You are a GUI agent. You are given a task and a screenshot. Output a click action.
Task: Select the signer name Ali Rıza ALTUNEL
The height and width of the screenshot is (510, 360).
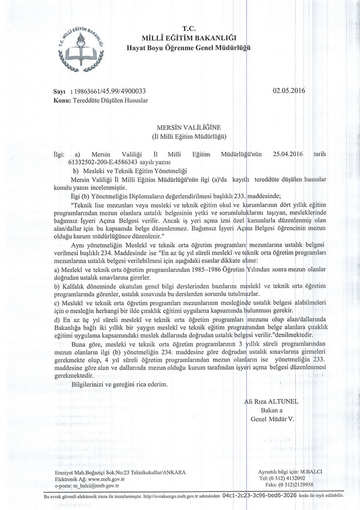point(269,400)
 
